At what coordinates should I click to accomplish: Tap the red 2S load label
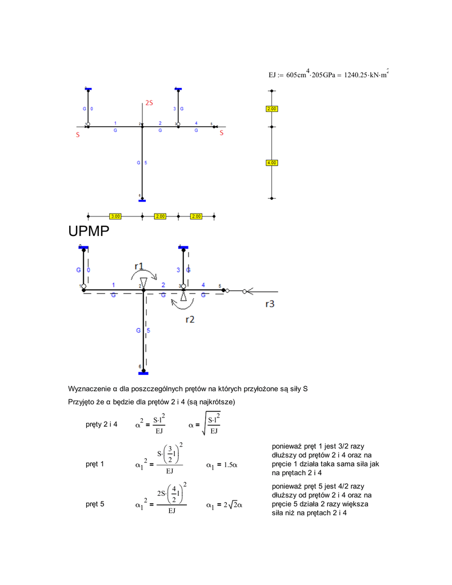tap(149, 103)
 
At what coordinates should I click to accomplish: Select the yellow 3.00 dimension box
tap(115, 217)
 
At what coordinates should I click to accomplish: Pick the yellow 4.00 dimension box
tap(271, 163)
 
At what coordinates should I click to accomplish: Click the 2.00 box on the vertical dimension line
tap(271, 109)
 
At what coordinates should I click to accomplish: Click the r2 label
tap(190, 320)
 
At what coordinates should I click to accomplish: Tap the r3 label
tap(270, 304)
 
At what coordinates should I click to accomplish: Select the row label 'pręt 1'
tap(95, 464)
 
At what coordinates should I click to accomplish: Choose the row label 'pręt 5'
tap(95, 504)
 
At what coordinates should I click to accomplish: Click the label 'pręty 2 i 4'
tap(102, 424)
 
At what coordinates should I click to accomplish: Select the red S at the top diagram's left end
tap(78, 135)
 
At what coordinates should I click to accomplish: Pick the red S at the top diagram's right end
tap(222, 134)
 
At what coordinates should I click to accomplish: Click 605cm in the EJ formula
tap(297, 75)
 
